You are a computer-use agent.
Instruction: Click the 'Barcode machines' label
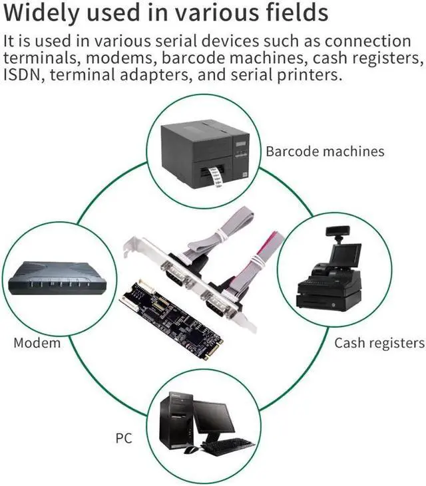click(325, 151)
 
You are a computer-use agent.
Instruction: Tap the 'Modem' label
click(37, 343)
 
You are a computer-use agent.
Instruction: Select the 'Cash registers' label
click(379, 343)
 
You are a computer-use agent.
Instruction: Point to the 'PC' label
click(124, 438)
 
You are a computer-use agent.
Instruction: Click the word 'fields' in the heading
click(300, 13)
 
